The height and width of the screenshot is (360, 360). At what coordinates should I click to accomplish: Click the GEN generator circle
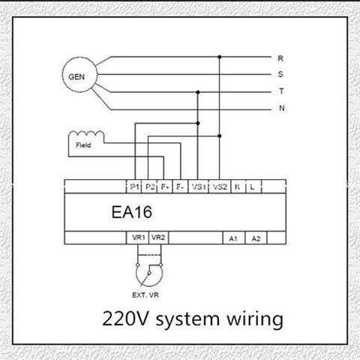coord(62,74)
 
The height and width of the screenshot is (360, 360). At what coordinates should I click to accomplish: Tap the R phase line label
coord(280,58)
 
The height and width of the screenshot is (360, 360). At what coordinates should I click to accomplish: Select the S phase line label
coord(280,74)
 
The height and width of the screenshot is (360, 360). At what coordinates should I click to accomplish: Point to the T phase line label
coord(281,91)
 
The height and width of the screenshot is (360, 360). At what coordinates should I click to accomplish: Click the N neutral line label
coord(282,108)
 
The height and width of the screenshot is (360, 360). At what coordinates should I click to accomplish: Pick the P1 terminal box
coord(133,187)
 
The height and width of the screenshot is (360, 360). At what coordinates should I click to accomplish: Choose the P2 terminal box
coord(149,187)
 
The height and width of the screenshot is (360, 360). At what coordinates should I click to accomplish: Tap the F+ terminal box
coord(164,187)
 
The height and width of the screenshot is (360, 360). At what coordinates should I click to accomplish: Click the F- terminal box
coord(180,187)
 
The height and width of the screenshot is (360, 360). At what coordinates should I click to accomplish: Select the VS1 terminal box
coord(198,187)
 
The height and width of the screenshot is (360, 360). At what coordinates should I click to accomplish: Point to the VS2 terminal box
coord(220,187)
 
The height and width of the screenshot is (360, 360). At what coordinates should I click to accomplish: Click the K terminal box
coord(238,187)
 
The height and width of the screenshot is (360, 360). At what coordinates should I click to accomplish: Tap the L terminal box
coord(253,187)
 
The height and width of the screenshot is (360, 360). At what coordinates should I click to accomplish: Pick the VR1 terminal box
coord(138,238)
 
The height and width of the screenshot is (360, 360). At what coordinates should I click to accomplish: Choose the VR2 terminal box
coord(159,238)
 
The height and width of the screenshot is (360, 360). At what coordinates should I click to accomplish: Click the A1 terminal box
coord(234,238)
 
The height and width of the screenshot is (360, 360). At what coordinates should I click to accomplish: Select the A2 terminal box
coord(256,238)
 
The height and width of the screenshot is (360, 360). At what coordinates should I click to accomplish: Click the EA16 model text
coord(132,212)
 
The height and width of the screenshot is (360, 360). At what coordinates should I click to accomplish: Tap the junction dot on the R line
coord(220,57)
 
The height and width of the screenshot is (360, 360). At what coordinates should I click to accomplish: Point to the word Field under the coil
coord(83,145)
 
